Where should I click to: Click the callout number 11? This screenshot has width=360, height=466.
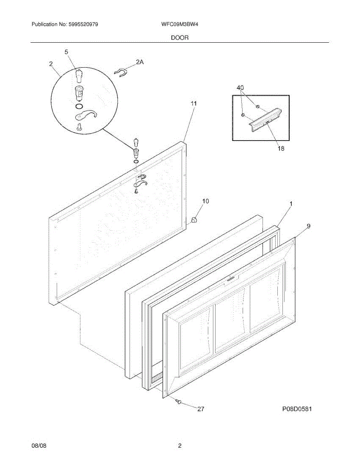[x=193, y=103]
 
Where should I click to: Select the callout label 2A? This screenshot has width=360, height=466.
[x=140, y=62]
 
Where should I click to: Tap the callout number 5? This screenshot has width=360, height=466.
[x=66, y=52]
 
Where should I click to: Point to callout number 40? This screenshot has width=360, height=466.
[x=240, y=88]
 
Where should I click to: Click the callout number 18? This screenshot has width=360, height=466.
[x=281, y=148]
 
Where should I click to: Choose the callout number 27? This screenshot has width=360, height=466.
[x=201, y=409]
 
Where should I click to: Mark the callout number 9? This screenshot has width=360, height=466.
[x=308, y=225]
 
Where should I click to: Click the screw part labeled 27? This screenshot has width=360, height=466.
[x=179, y=401]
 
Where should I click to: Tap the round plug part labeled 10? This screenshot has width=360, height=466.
[x=195, y=220]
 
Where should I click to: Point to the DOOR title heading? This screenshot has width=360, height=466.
[x=180, y=38]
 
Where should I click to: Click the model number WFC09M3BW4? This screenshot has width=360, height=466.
[x=180, y=24]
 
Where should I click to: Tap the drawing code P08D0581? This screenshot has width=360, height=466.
[x=297, y=409]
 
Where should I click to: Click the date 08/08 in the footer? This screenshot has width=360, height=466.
[x=39, y=446]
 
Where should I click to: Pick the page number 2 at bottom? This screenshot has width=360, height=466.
[x=180, y=446]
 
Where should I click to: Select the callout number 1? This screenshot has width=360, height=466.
[x=291, y=203]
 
